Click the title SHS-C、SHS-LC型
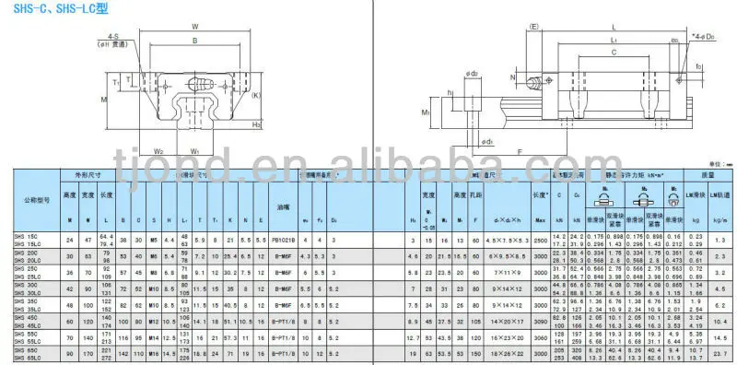pyautogui.click(x=43, y=8)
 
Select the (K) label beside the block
pyautogui.click(x=255, y=95)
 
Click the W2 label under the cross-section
pyautogui.click(x=158, y=152)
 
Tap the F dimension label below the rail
pyautogui.click(x=521, y=150)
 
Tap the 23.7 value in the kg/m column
pyautogui.click(x=721, y=353)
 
